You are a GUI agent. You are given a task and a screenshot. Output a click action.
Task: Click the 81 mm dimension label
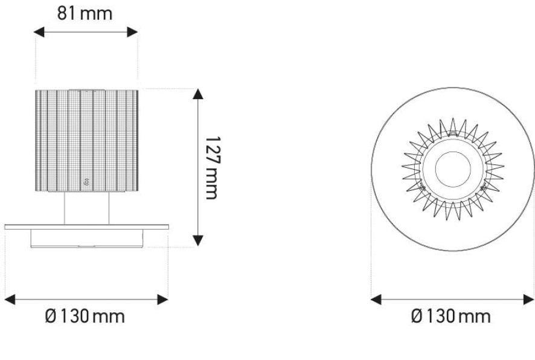pyautogui.click(x=85, y=14)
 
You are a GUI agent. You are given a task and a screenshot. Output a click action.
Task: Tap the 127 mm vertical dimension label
pyautogui.click(x=212, y=167)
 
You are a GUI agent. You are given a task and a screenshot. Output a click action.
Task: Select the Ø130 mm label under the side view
pyautogui.click(x=85, y=316)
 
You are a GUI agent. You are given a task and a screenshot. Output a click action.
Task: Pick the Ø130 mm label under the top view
pyautogui.click(x=451, y=316)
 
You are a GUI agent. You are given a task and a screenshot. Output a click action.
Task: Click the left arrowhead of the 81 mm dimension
pyautogui.click(x=39, y=32)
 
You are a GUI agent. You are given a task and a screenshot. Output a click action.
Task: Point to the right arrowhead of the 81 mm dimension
pyautogui.click(x=132, y=32)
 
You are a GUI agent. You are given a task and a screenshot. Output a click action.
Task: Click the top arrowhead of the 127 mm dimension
pyautogui.click(x=198, y=94)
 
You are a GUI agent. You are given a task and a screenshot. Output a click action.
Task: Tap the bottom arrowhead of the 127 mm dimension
pyautogui.click(x=198, y=240)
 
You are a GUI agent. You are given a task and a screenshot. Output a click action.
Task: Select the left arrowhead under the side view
pyautogui.click(x=10, y=300)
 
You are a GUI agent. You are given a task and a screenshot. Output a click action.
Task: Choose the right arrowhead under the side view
pyautogui.click(x=163, y=300)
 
